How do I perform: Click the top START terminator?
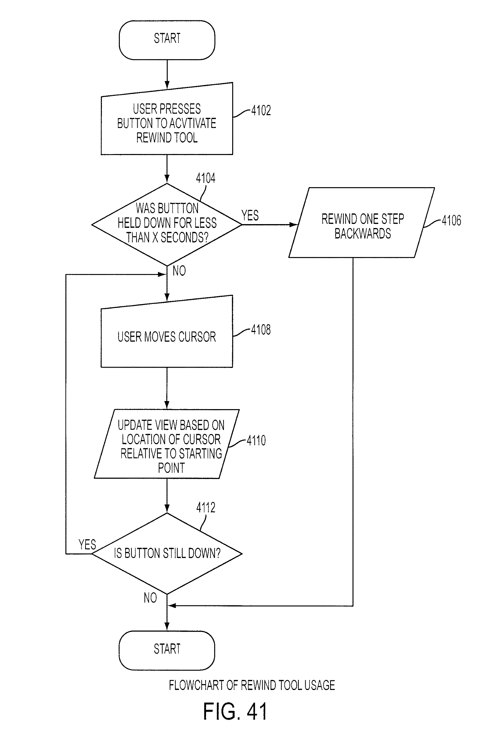167,40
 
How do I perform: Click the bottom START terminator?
167,650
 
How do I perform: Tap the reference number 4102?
261,111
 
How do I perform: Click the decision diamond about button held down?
167,225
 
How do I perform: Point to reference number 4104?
206,178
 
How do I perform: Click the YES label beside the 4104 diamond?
250,216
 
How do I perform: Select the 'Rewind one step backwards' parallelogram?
362,222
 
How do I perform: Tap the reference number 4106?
452,220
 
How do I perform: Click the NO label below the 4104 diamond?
179,271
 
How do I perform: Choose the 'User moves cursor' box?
167,331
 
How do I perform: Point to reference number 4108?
261,330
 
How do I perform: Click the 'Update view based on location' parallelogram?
167,444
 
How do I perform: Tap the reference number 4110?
256,440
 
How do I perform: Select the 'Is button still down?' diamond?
167,554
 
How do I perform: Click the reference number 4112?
206,508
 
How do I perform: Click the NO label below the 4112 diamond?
150,598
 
